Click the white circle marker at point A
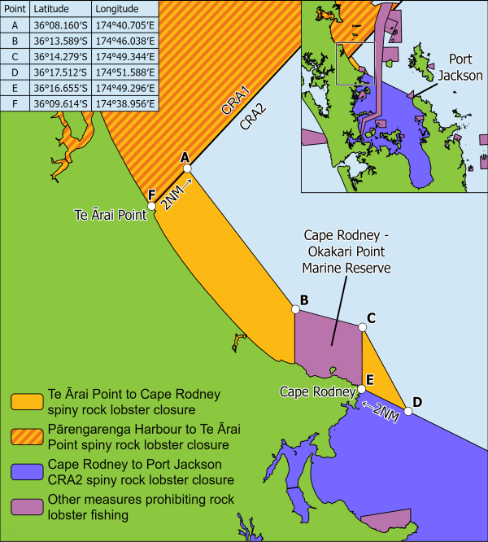tap(187, 168)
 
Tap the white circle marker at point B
tap(294, 309)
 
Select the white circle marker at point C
tap(362, 326)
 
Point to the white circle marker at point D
tap(408, 412)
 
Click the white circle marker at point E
tap(362, 389)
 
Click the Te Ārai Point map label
tap(110, 215)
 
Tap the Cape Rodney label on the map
tap(316, 391)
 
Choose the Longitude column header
tap(117, 9)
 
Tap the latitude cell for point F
tap(57, 103)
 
